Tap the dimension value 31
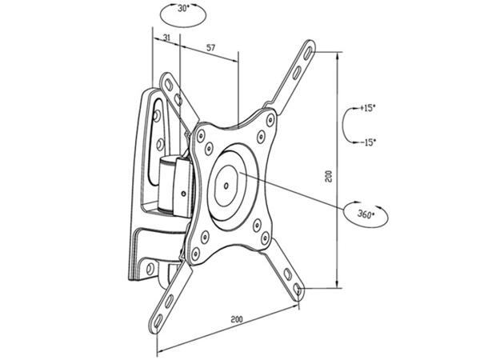tap(165, 38)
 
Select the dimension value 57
tap(210, 49)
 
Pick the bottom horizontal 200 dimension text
tap(236, 319)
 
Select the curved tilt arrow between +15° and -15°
tap(345, 125)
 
